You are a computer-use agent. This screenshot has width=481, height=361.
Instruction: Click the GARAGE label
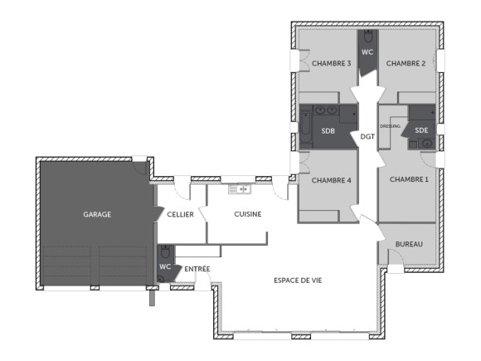tap(97, 214)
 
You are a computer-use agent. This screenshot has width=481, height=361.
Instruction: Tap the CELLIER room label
tap(180, 214)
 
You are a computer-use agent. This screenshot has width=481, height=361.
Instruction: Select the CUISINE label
tap(248, 214)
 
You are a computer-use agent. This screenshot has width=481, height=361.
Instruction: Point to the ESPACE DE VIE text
tap(298, 281)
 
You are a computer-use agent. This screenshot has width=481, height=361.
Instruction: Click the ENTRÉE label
tap(197, 269)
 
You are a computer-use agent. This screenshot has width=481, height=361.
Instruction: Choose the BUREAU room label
tap(409, 244)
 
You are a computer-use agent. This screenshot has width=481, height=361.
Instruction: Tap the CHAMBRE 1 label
tap(410, 179)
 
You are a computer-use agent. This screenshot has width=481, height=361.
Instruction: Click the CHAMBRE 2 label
tap(406, 63)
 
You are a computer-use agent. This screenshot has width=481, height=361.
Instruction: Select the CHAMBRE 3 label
tap(332, 63)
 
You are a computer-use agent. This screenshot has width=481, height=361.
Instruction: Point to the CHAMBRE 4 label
tap(331, 179)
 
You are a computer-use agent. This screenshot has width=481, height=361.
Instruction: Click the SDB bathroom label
tap(328, 130)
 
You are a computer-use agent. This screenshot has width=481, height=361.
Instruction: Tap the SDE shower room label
tap(421, 130)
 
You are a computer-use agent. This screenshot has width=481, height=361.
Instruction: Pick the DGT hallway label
tap(367, 136)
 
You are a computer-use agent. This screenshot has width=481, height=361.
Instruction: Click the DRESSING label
tap(391, 126)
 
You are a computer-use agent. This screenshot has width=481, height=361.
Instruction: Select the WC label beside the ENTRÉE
tap(165, 266)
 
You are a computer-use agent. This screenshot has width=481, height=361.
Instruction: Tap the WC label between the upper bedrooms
tap(368, 52)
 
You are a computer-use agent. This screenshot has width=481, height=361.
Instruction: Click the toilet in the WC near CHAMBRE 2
tap(367, 37)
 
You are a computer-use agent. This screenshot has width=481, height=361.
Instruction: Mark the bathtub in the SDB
tap(306, 129)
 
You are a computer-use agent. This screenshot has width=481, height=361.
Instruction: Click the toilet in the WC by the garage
tap(165, 251)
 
